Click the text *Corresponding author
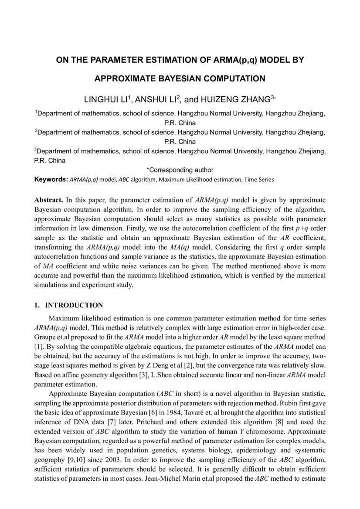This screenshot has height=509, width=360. [x=180, y=170]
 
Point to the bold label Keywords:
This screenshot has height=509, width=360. [x=51, y=179]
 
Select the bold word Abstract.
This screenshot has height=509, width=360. [x=49, y=200]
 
